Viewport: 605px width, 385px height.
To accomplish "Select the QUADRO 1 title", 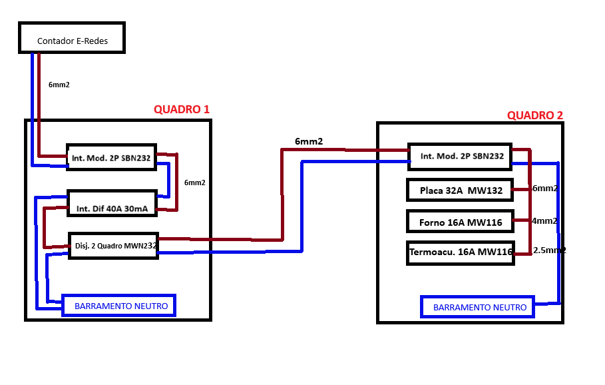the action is click(182, 110).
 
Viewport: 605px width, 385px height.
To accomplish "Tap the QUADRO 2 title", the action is click(534, 115).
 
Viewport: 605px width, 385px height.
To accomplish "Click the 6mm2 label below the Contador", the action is click(59, 85).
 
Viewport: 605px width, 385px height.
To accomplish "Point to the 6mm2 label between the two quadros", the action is click(309, 141).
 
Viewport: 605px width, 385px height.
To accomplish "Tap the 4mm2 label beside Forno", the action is click(544, 221).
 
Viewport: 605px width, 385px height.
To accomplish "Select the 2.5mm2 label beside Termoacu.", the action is click(550, 250).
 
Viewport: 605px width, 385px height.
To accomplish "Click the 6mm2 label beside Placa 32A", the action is click(545, 188).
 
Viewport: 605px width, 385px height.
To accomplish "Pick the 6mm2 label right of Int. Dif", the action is click(194, 183).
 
